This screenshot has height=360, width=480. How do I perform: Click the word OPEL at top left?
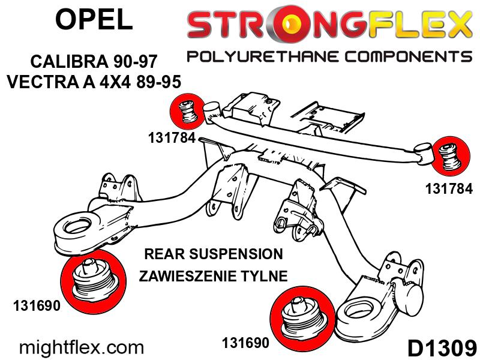(x=94, y=19)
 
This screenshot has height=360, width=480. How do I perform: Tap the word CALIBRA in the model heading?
(x=69, y=61)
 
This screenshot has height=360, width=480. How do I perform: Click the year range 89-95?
(x=158, y=82)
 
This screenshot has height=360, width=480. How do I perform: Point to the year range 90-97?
(x=134, y=61)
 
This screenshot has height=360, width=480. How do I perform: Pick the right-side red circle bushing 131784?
(x=451, y=156)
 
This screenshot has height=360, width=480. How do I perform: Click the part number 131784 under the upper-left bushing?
(x=172, y=138)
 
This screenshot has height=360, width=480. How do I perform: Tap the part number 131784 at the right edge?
(x=449, y=188)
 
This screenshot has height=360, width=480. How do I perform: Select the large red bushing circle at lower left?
(x=94, y=281)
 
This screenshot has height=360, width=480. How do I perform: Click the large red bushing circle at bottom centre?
(x=303, y=319)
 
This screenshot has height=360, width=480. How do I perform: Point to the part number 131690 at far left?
(x=37, y=305)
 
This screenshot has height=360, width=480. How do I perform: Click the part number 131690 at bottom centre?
(x=245, y=343)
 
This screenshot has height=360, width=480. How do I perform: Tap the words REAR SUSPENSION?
(x=214, y=254)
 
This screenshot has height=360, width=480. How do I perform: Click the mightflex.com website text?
(x=82, y=348)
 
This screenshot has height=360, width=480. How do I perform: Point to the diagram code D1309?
(x=442, y=348)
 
